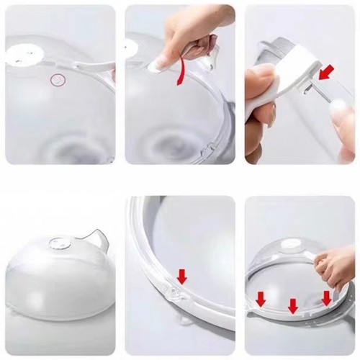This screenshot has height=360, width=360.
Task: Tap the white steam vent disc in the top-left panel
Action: coord(27,53)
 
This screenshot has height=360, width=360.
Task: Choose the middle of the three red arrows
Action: coord(292,305)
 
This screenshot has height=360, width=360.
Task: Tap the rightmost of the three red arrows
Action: coord(326,297)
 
